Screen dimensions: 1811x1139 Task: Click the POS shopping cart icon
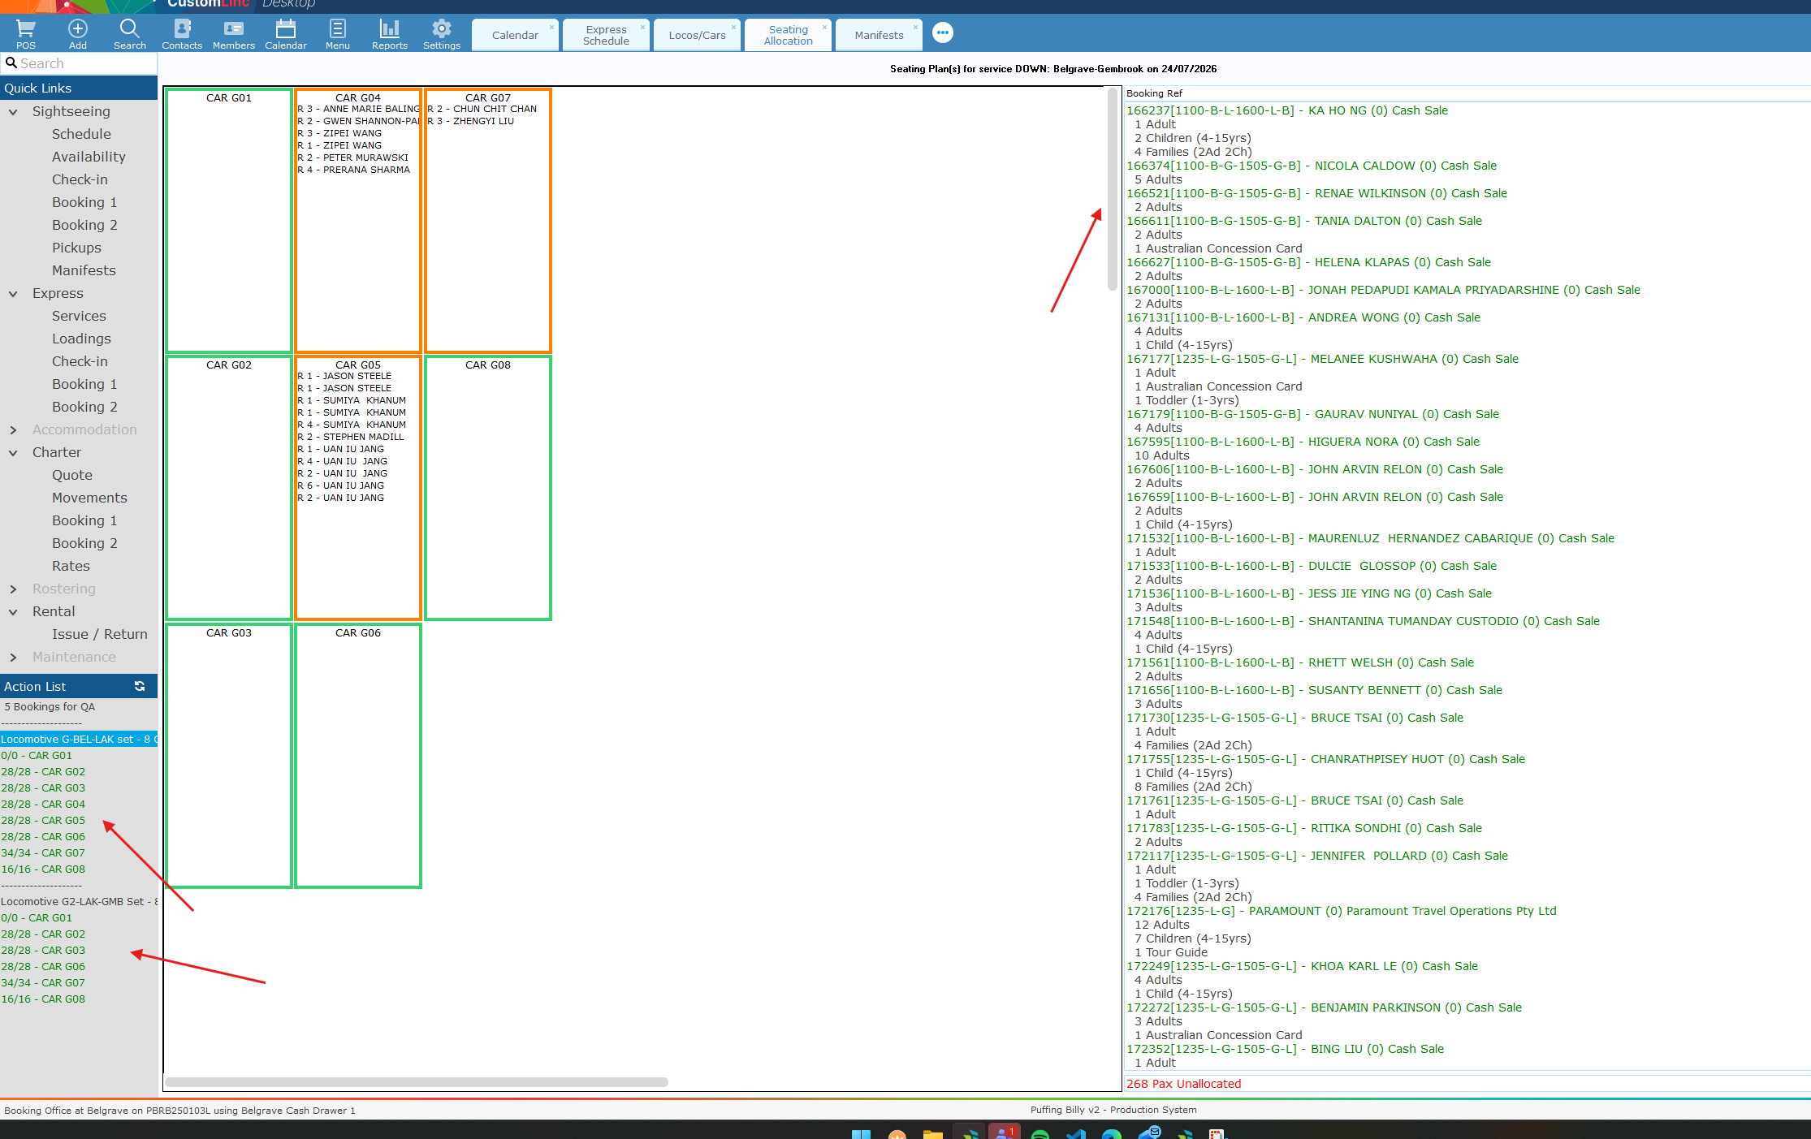(26, 29)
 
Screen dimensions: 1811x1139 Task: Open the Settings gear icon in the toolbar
(442, 29)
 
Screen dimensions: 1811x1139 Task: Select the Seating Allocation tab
(788, 35)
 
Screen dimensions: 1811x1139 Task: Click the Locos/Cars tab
(697, 35)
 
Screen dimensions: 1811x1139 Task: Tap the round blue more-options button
(943, 33)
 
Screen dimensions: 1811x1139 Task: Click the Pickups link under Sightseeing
(76, 248)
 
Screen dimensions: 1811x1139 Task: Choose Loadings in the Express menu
(81, 339)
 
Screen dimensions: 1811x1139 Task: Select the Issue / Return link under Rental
(100, 634)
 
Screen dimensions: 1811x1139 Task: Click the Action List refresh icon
(140, 686)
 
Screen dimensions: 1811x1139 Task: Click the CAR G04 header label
(358, 97)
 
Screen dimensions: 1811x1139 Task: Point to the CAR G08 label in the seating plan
(488, 365)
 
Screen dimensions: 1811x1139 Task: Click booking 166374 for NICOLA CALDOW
(1312, 166)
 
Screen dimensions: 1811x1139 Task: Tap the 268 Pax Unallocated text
(1184, 1084)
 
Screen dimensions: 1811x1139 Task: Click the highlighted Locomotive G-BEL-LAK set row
(79, 739)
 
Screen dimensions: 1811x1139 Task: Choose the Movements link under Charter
(89, 498)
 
